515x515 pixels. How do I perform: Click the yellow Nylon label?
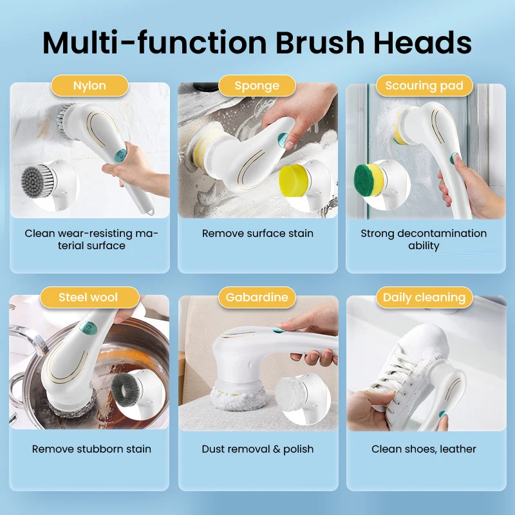[x=90, y=86]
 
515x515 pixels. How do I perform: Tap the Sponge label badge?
[x=257, y=86]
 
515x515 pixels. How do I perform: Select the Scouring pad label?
[x=424, y=86]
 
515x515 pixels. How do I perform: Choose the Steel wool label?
[x=89, y=297]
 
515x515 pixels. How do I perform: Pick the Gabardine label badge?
[x=257, y=297]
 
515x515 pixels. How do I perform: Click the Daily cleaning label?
[x=424, y=297]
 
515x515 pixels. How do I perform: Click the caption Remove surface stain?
[x=257, y=234]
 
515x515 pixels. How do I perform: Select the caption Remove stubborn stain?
[x=91, y=449]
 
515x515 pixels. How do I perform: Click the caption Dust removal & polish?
[x=257, y=449]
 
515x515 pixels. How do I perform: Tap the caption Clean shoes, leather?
[x=424, y=449]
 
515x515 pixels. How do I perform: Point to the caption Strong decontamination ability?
[x=424, y=239]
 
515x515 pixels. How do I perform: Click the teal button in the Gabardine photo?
[x=277, y=331]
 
